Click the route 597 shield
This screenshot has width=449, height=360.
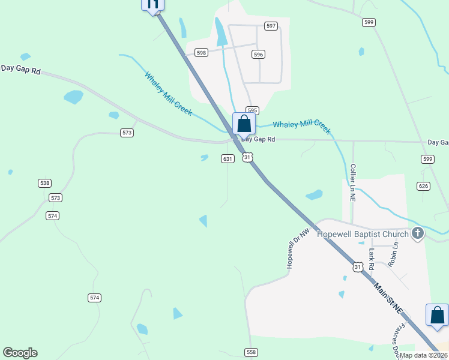[271, 26]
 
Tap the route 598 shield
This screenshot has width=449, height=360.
[201, 53]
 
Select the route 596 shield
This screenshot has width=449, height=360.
[258, 54]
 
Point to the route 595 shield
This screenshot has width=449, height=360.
[252, 110]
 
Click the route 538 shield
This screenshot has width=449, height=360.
[44, 183]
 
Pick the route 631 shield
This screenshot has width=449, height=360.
[227, 159]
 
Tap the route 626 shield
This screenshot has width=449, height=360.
[423, 186]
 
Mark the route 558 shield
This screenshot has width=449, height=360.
[251, 352]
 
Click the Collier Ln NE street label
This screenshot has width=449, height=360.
[353, 183]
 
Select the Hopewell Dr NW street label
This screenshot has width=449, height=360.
[298, 248]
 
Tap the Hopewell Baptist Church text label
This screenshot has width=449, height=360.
[363, 234]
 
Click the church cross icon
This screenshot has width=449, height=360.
[418, 235]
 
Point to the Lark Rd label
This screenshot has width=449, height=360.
[372, 258]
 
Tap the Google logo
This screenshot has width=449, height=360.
[20, 353]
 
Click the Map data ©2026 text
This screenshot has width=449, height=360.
[423, 355]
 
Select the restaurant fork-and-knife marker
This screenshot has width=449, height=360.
[153, 4]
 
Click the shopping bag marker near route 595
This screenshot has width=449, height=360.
[244, 124]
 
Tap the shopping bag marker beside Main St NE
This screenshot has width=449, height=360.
[437, 315]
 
